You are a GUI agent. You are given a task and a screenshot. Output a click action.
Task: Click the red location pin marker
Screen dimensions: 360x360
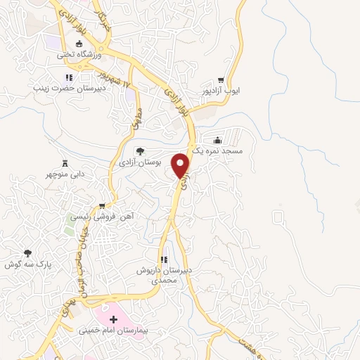click(x=182, y=165)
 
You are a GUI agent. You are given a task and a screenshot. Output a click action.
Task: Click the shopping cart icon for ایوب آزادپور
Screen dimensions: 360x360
click(x=221, y=80)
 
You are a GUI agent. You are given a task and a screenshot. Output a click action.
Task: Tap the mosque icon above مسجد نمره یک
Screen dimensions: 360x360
click(x=217, y=140)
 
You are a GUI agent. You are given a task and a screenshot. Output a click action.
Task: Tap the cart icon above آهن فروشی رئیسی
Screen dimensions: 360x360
click(x=103, y=206)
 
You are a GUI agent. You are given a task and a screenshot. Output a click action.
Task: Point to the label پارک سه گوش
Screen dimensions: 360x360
click(x=29, y=264)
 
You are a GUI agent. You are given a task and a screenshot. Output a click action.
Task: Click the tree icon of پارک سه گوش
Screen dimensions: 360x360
click(x=28, y=253)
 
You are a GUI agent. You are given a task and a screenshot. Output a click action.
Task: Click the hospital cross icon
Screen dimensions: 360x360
click(x=113, y=319)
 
